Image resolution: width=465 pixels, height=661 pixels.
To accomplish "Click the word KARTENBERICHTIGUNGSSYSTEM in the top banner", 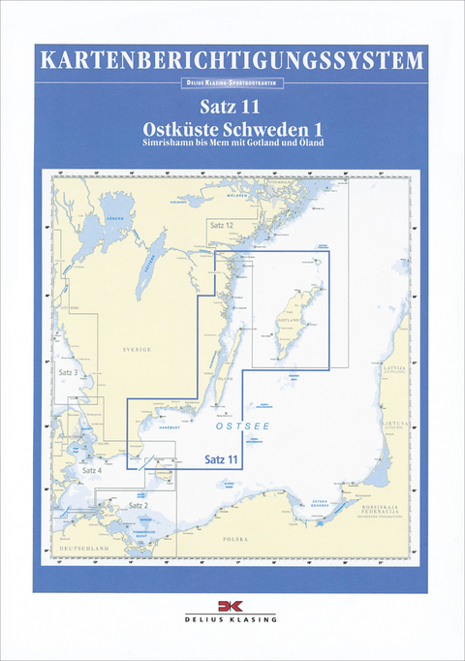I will pyautogui.click(x=232, y=61).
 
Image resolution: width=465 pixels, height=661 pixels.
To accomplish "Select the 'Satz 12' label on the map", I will pyautogui.click(x=222, y=225).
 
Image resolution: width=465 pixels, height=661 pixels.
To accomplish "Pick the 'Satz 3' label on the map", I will pyautogui.click(x=67, y=373).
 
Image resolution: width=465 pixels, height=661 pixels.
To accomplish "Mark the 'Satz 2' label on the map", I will pyautogui.click(x=139, y=505).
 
